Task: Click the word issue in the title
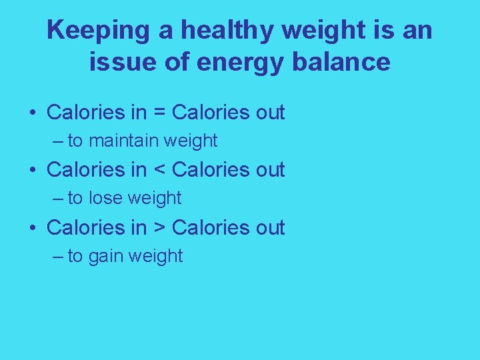(115, 62)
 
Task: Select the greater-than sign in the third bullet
(159, 228)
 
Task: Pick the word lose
(105, 198)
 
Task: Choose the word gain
(105, 257)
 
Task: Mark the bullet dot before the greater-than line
(32, 229)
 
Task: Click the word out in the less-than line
(270, 170)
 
